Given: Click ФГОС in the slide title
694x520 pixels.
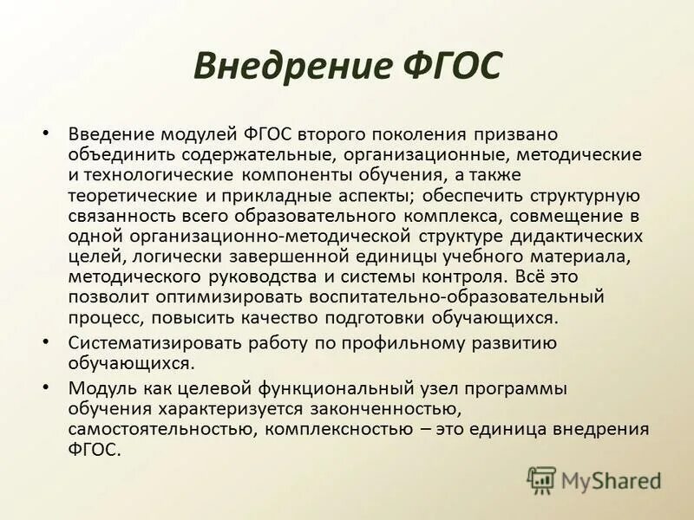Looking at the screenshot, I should [454, 66].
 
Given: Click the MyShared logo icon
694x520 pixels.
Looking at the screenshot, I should [541, 479].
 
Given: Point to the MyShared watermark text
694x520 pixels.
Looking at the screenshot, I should [611, 480].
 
